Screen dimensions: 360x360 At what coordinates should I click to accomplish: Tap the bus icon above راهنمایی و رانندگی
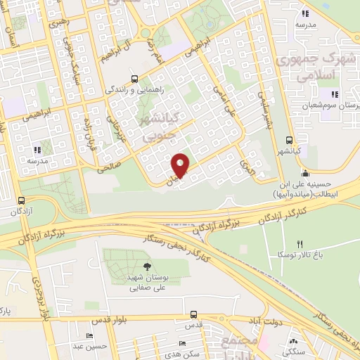click(x=134, y=79)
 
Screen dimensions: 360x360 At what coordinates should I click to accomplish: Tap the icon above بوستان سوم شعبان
click(x=335, y=94)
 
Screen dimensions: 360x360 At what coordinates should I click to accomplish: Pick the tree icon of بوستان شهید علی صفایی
click(x=147, y=266)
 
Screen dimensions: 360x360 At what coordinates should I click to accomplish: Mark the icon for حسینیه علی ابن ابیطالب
click(x=304, y=174)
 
